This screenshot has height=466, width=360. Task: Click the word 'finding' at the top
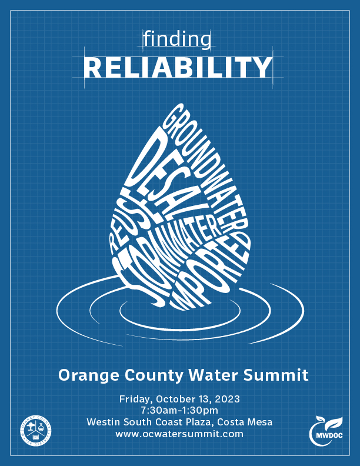click(177, 40)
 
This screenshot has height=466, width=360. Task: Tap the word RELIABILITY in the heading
click(178, 69)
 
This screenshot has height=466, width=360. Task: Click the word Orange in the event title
click(85, 375)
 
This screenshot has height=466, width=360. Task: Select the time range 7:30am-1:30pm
click(179, 410)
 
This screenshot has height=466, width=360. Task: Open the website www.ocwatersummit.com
click(179, 434)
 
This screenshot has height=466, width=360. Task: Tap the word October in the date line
click(176, 399)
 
